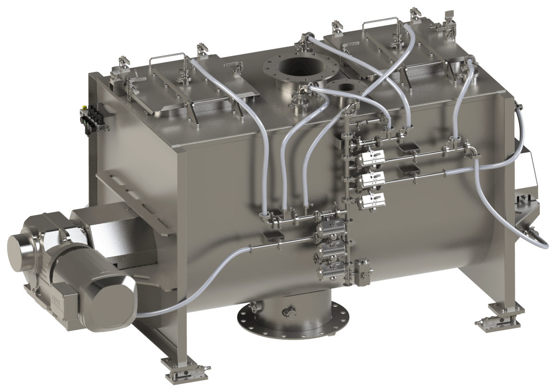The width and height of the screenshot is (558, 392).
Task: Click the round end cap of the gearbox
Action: coord(22,250)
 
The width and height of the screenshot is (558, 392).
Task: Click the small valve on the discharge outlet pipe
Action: coord(288,312)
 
